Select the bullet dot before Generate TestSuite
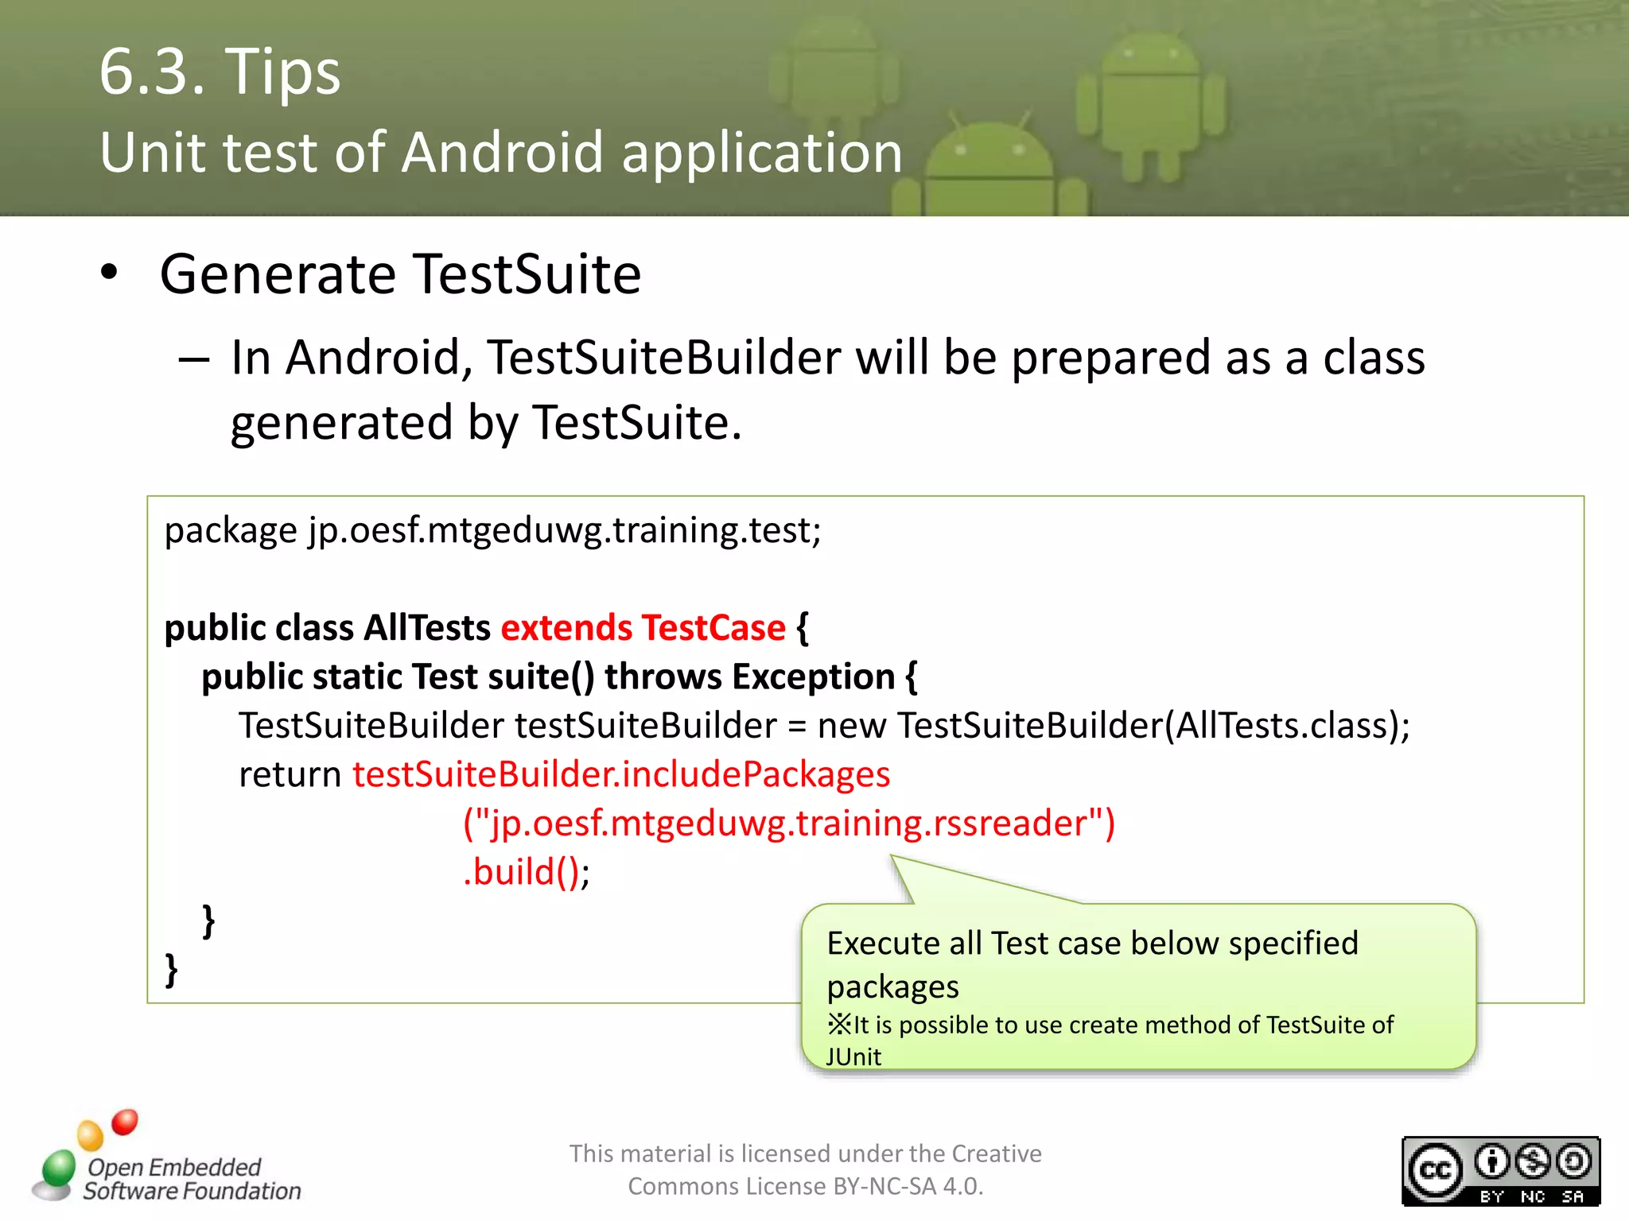[109, 273]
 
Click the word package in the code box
[231, 531]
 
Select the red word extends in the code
[566, 628]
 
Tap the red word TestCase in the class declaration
[713, 628]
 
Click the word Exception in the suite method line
[814, 677]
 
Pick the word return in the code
[290, 775]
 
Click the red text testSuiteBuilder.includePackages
[621, 775]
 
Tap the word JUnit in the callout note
[853, 1057]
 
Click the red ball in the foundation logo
[125, 1122]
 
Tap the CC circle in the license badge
[1435, 1171]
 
